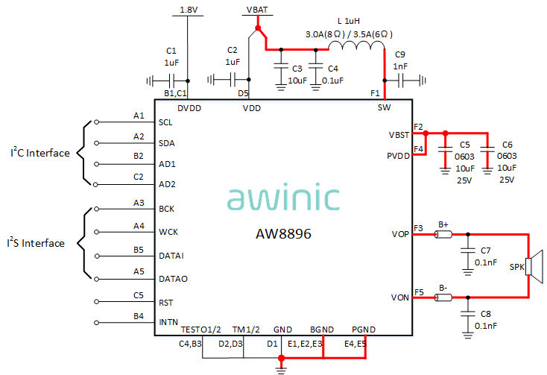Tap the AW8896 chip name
click(x=283, y=233)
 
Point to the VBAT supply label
click(x=257, y=10)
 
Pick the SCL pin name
click(x=166, y=122)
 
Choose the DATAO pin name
click(x=173, y=279)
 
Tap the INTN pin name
click(x=168, y=322)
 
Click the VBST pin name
click(x=399, y=134)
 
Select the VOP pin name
click(x=400, y=234)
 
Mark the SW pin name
click(x=383, y=107)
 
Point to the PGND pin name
click(x=364, y=329)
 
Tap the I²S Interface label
click(x=36, y=243)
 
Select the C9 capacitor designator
click(x=400, y=54)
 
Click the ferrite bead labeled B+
click(x=443, y=235)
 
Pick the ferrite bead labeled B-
click(x=443, y=298)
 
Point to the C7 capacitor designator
click(x=485, y=250)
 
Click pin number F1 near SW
click(x=375, y=94)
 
